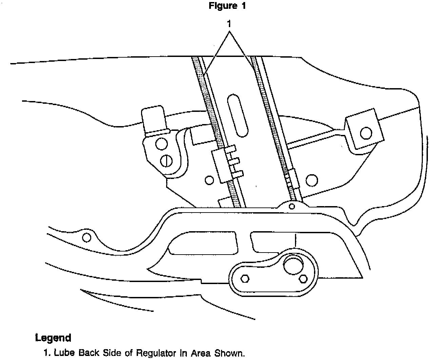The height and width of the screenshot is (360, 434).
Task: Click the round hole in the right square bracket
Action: pyautogui.click(x=366, y=133)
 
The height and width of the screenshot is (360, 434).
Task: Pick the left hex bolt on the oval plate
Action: pyautogui.click(x=245, y=279)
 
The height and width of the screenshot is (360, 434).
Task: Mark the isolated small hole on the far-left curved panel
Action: pyautogui.click(x=86, y=237)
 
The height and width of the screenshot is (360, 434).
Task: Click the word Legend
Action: pyautogui.click(x=53, y=338)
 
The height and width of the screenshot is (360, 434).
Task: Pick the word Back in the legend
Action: pyautogui.click(x=88, y=353)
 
